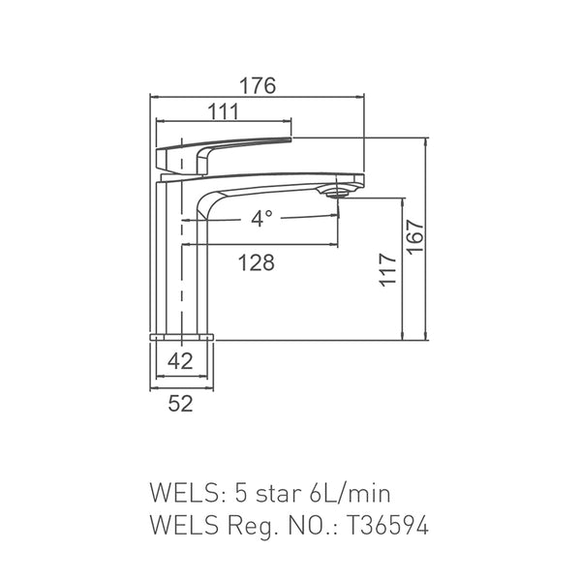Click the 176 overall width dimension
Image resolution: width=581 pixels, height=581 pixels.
tap(258, 86)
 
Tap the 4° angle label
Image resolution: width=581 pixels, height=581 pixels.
tap(261, 218)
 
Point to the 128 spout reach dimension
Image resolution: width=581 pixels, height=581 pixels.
tap(257, 262)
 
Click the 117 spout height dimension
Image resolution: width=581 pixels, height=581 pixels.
tap(388, 270)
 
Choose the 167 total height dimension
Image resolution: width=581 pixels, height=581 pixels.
tap(414, 237)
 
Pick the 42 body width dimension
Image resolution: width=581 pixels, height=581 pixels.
tap(180, 361)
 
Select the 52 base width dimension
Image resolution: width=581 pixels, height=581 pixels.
tap(181, 404)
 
